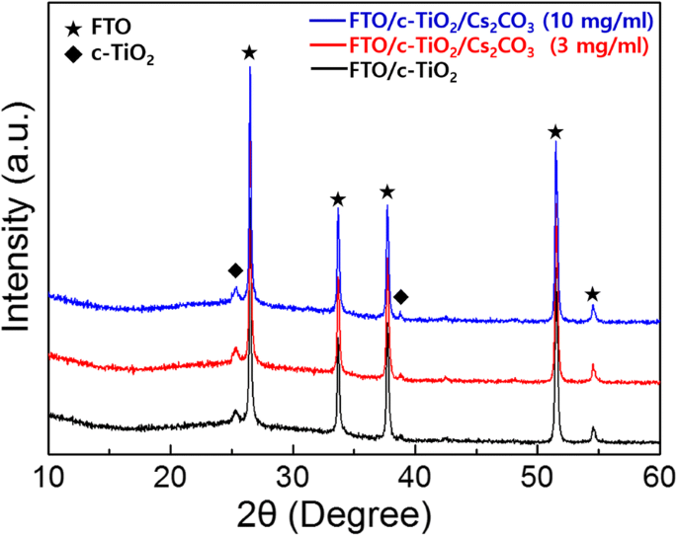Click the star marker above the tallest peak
pyautogui.click(x=250, y=52)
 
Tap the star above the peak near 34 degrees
pyautogui.click(x=338, y=199)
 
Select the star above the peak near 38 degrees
pyautogui.click(x=387, y=191)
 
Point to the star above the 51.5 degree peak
pyautogui.click(x=555, y=132)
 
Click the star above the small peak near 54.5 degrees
pyautogui.click(x=592, y=294)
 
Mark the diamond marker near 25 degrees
pyautogui.click(x=235, y=270)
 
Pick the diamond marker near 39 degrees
pyautogui.click(x=401, y=296)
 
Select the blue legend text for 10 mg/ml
pyautogui.click(x=490, y=19)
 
